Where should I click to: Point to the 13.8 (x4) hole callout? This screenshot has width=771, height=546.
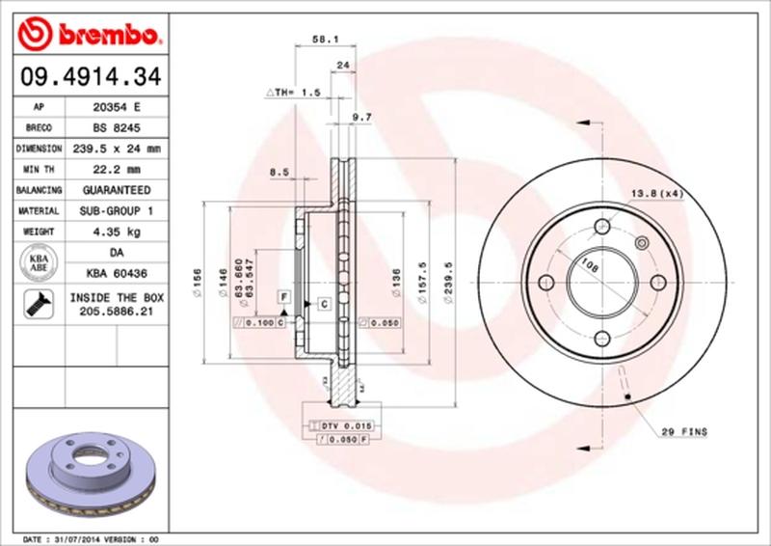657,194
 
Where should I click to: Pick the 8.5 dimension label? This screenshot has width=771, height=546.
280,172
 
